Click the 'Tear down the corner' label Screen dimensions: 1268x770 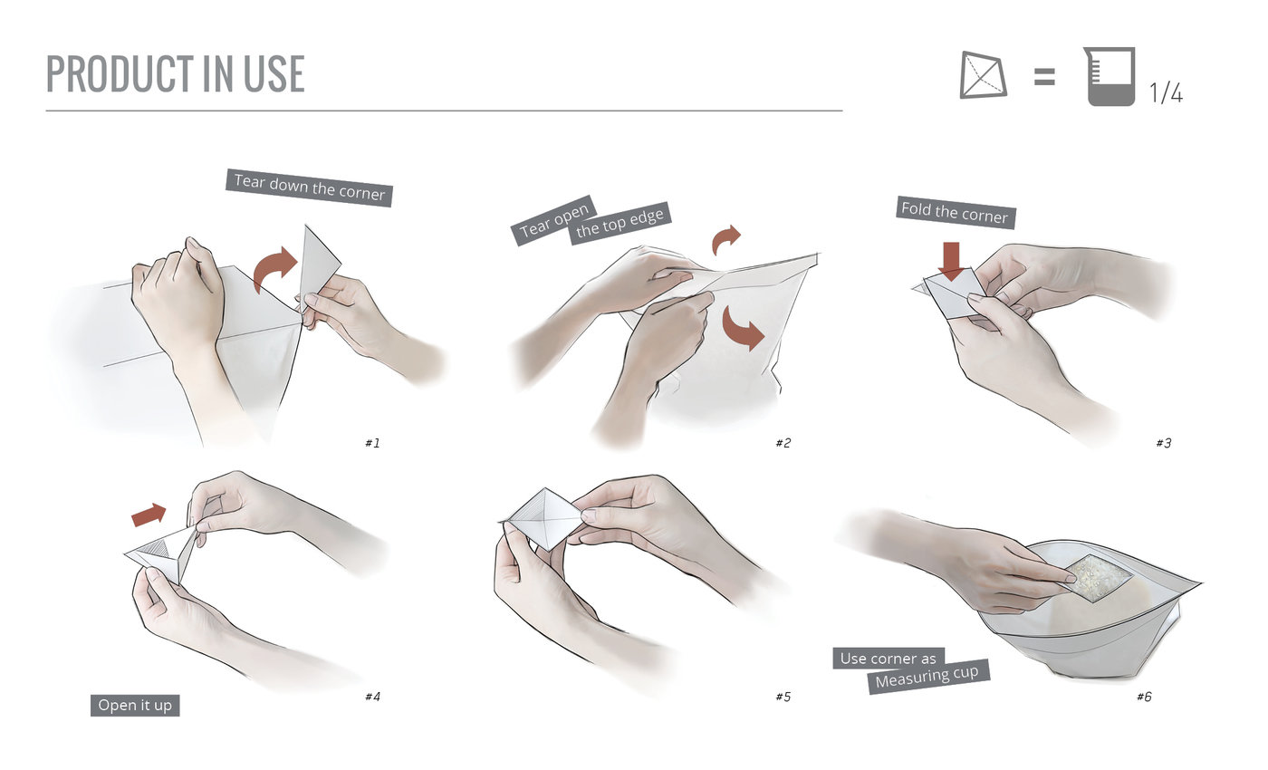click(x=309, y=188)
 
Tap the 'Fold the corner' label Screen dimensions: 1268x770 click(x=956, y=213)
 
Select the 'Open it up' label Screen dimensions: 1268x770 click(x=135, y=706)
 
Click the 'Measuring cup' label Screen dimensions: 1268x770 click(x=928, y=677)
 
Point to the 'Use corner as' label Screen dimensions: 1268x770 click(x=889, y=659)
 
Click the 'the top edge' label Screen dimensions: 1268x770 click(x=620, y=223)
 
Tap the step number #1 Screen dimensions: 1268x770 click(x=372, y=443)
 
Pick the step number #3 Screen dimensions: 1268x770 click(x=1164, y=443)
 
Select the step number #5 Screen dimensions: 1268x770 click(x=783, y=697)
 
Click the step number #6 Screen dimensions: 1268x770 click(x=1145, y=697)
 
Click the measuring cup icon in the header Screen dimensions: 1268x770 click(x=1109, y=76)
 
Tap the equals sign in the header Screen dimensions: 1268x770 click(x=1044, y=76)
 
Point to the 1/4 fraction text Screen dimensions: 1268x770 click(x=1167, y=92)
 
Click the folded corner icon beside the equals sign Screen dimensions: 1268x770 click(x=984, y=74)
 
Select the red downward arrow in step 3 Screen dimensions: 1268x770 click(x=952, y=262)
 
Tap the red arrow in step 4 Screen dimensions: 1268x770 click(x=149, y=515)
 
